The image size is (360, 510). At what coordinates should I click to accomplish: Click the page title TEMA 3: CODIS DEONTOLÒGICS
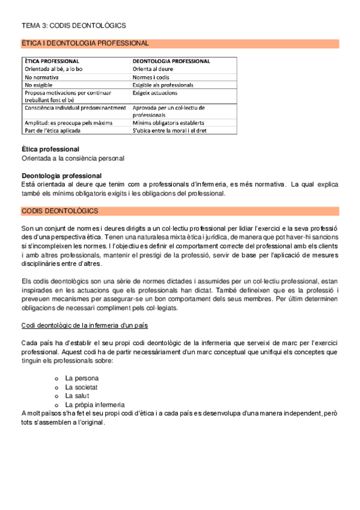(73, 26)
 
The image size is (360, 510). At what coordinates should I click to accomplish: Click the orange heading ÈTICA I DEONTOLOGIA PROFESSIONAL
(85, 43)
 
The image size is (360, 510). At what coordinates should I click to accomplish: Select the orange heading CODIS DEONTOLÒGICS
(60, 211)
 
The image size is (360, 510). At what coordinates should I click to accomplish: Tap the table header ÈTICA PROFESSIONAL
(52, 61)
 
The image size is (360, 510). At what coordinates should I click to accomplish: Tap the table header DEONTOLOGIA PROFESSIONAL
(171, 61)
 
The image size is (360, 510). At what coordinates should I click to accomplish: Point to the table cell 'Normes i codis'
(151, 78)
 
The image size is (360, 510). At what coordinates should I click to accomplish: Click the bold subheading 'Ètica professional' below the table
(50, 149)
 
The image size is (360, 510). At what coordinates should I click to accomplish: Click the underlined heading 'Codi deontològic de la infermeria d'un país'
(84, 325)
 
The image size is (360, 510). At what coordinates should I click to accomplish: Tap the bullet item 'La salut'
(77, 396)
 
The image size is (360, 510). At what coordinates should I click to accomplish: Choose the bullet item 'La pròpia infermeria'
(95, 405)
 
